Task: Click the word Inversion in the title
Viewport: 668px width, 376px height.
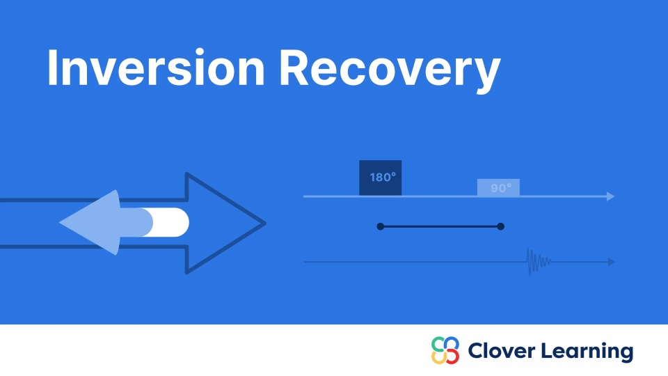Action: pyautogui.click(x=155, y=68)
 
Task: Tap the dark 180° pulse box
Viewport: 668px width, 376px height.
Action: pyautogui.click(x=381, y=178)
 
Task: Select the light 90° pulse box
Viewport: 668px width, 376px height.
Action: pyautogui.click(x=498, y=187)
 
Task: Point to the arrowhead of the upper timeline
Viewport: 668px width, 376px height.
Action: pyautogui.click(x=610, y=196)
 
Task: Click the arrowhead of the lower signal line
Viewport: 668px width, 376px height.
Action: pyautogui.click(x=611, y=262)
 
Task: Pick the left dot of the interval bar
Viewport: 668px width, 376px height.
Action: pyautogui.click(x=380, y=226)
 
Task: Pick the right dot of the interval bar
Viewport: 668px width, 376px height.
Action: pyautogui.click(x=501, y=226)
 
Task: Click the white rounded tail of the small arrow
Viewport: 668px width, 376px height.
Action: pyautogui.click(x=171, y=222)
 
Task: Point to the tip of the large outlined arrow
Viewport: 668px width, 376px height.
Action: pyautogui.click(x=263, y=224)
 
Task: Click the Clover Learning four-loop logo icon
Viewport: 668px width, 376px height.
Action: pyautogui.click(x=445, y=350)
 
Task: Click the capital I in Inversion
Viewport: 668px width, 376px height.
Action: pyautogui.click(x=53, y=68)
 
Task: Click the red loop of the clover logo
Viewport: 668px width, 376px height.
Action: pyautogui.click(x=452, y=357)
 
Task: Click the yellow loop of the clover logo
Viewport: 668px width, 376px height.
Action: pyautogui.click(x=438, y=357)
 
